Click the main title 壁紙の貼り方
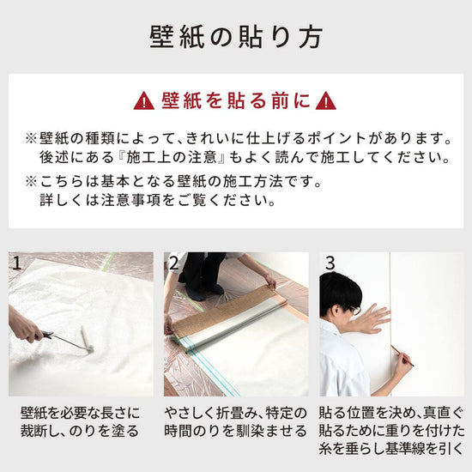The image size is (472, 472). (236, 38)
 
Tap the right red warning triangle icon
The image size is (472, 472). (325, 101)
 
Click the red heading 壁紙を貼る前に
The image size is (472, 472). (235, 101)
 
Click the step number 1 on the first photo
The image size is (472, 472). (16, 263)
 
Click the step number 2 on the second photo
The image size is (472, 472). (173, 263)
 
